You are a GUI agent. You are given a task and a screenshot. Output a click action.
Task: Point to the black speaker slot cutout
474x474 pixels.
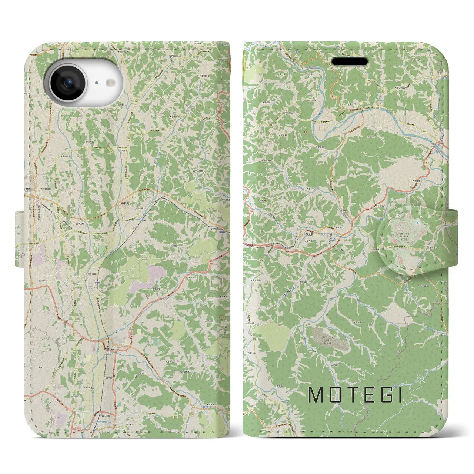349,61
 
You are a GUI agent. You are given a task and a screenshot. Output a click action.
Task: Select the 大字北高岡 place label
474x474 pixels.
256,280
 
